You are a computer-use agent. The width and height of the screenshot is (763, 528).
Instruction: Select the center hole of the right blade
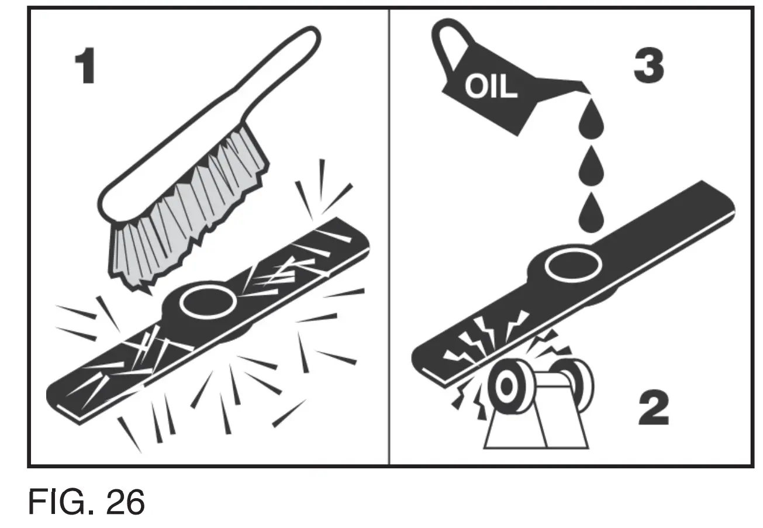tap(573, 264)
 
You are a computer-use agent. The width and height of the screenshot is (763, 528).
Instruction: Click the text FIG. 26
tap(87, 502)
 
